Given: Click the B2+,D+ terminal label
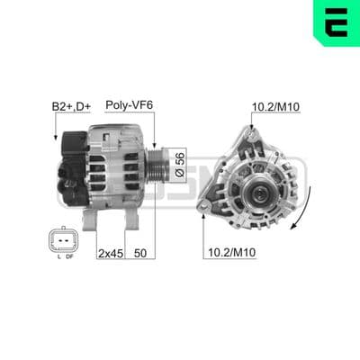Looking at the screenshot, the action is tap(71, 107).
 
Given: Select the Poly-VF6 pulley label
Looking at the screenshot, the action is tap(130, 105).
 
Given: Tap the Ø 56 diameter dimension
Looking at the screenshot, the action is tap(180, 165).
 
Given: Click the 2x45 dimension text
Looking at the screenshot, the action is tap(111, 254).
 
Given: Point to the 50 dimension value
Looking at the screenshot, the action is tap(140, 253).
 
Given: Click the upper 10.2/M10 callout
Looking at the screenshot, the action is tap(275, 106).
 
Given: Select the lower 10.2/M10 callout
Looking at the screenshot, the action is tap(232, 252).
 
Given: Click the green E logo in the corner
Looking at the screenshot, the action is tap(337, 22).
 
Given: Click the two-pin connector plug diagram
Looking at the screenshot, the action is tap(63, 240).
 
